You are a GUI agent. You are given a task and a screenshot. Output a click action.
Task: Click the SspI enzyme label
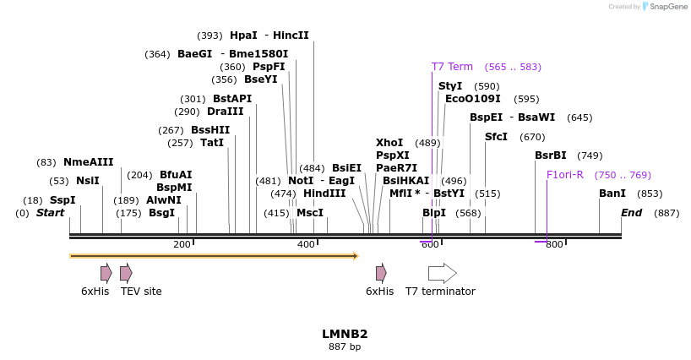pyautogui.click(x=63, y=200)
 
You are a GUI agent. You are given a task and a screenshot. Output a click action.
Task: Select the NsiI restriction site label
pyautogui.click(x=88, y=181)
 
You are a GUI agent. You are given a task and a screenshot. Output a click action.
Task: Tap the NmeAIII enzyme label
pyautogui.click(x=88, y=162)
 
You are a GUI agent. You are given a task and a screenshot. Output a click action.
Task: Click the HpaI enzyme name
pyautogui.click(x=243, y=35)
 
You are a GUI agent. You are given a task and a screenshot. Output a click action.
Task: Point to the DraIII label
pyautogui.click(x=225, y=112)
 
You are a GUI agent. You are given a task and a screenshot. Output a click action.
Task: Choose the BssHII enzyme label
pyautogui.click(x=210, y=130)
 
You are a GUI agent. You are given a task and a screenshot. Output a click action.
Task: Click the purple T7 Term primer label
pyautogui.click(x=452, y=67)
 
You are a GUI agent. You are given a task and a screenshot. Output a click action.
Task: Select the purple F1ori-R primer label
pyautogui.click(x=565, y=175)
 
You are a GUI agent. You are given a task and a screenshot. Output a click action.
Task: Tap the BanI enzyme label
pyautogui.click(x=612, y=194)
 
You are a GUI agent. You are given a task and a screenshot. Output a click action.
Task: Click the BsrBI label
pyautogui.click(x=551, y=155)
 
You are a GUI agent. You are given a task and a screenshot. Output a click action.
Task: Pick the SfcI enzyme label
pyautogui.click(x=496, y=137)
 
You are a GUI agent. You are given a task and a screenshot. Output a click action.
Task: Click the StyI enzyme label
pyautogui.click(x=450, y=86)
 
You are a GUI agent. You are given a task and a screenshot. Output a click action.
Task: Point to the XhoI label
pyautogui.click(x=389, y=143)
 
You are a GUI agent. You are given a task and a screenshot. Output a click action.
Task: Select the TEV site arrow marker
pyautogui.click(x=126, y=273)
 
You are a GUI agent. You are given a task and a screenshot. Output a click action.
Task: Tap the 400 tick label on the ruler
pyautogui.click(x=306, y=245)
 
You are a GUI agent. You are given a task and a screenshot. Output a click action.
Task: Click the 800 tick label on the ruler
pyautogui.click(x=553, y=245)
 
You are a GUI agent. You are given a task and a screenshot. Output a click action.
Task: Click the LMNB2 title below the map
pyautogui.click(x=345, y=334)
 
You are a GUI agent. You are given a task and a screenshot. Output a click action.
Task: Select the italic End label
pyautogui.click(x=632, y=213)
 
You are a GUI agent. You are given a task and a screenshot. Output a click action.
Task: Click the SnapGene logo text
pyautogui.click(x=667, y=7)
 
